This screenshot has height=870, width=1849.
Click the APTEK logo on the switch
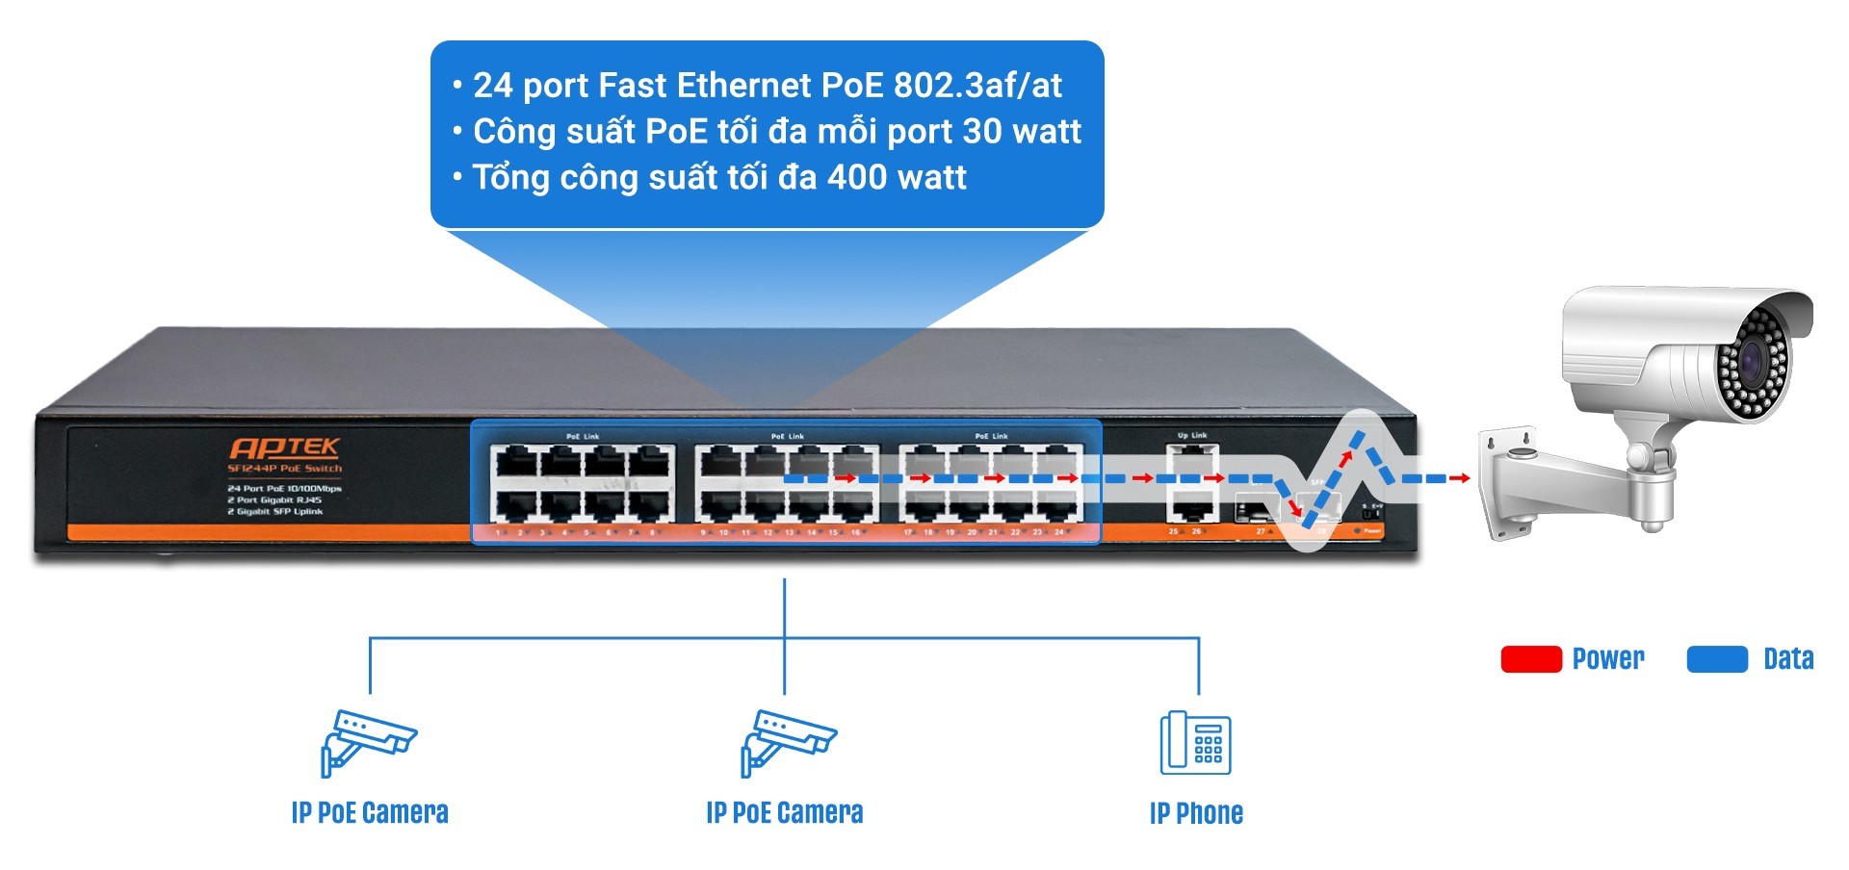pyautogui.click(x=284, y=448)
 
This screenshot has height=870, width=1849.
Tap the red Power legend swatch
pyautogui.click(x=1530, y=659)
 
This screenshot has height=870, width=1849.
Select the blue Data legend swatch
pyautogui.click(x=1717, y=659)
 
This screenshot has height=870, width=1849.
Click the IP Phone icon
pyautogui.click(x=1195, y=743)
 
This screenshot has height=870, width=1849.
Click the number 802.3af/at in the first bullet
pyautogui.click(x=977, y=86)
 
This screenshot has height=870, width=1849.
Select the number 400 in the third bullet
pyautogui.click(x=858, y=178)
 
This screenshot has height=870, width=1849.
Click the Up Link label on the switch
pyautogui.click(x=1191, y=436)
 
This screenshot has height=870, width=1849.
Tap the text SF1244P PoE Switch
pyautogui.click(x=284, y=469)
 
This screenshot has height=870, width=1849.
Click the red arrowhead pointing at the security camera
pyautogui.click(x=1462, y=478)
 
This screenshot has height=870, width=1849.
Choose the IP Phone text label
pyautogui.click(x=1195, y=814)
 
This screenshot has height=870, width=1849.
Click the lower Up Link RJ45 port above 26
pyautogui.click(x=1193, y=508)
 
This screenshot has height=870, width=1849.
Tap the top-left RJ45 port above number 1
pyautogui.click(x=515, y=462)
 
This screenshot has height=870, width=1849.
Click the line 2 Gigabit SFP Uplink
pyautogui.click(x=275, y=512)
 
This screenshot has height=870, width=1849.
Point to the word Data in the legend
pyautogui.click(x=1787, y=659)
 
